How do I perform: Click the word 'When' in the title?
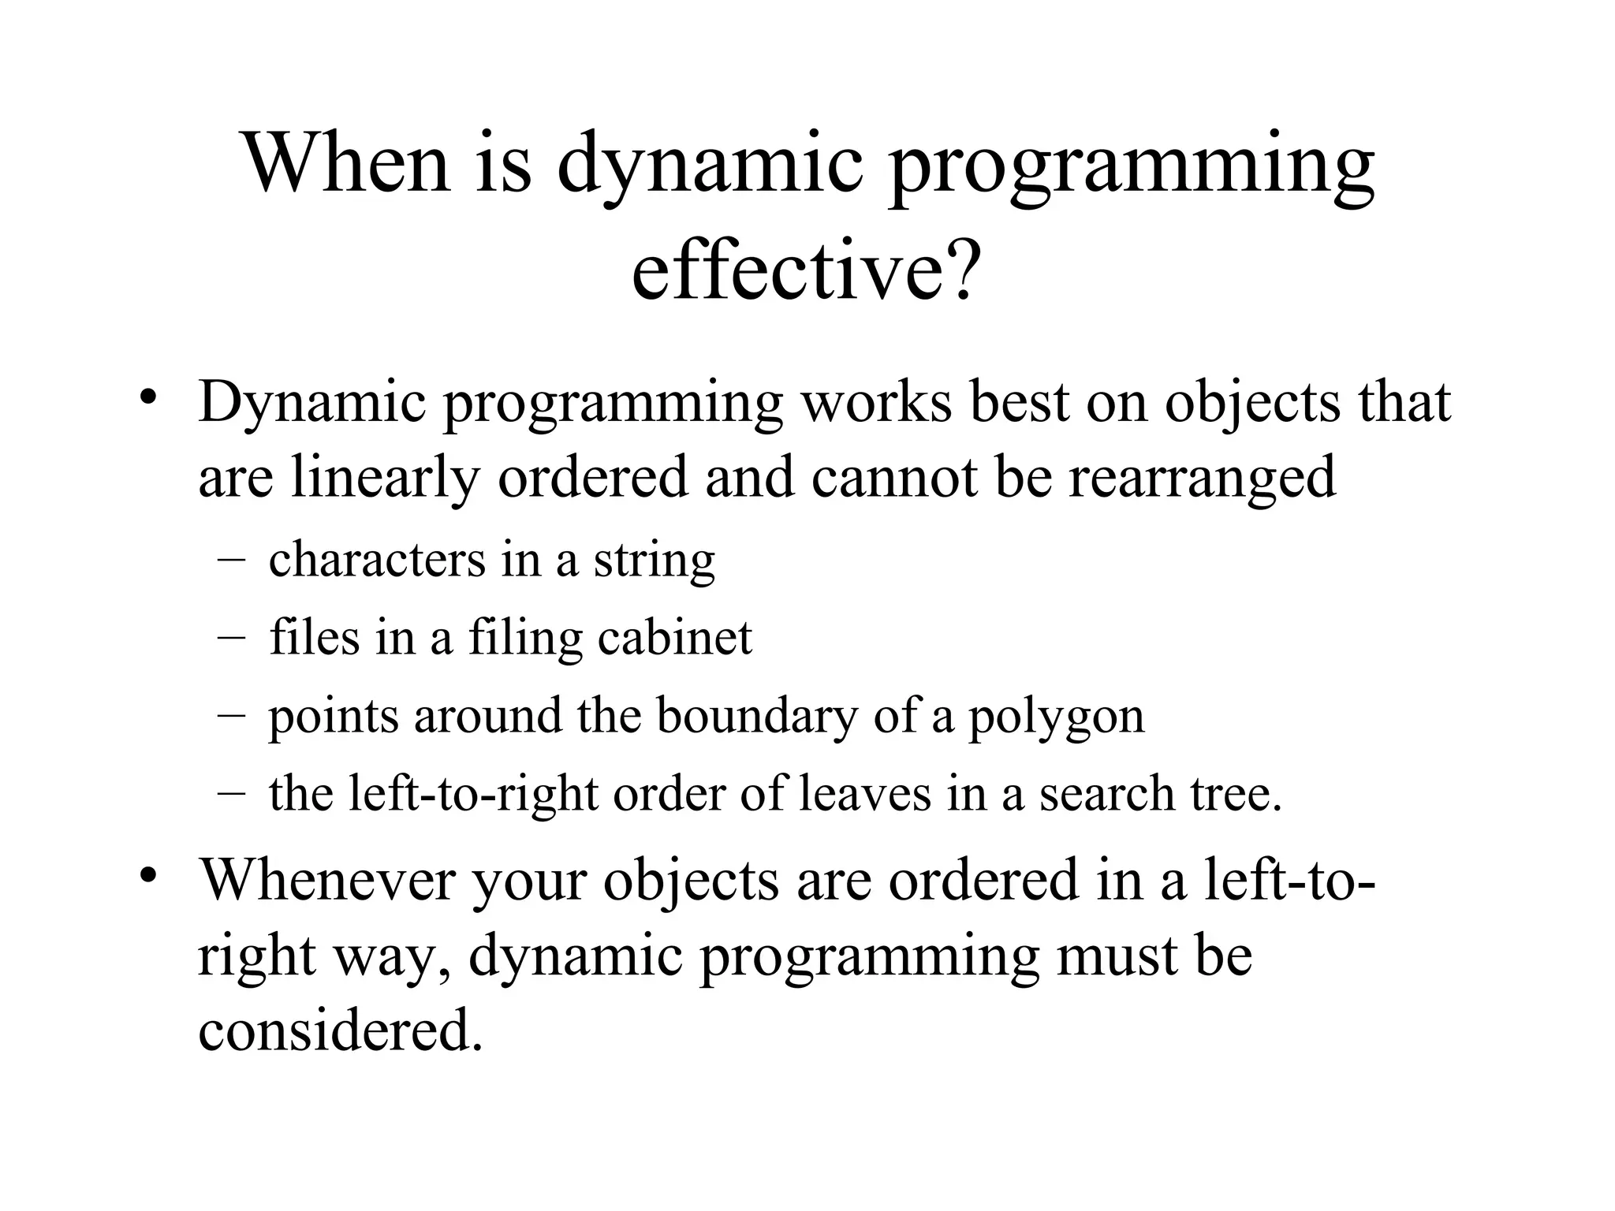[348, 163]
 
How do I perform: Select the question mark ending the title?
[960, 268]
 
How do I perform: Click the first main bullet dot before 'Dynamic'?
[147, 396]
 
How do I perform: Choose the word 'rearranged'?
[1202, 479]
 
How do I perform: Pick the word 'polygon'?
[1056, 717]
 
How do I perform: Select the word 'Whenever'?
[327, 880]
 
